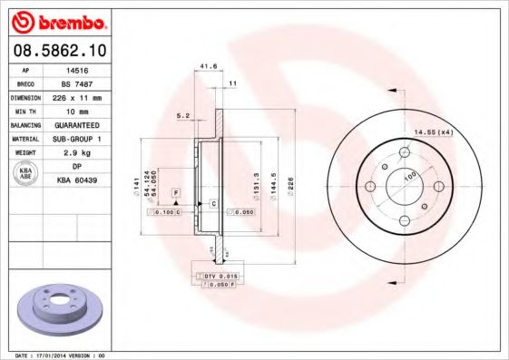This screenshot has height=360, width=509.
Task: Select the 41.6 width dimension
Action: coord(208,66)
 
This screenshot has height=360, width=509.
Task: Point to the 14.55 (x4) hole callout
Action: coord(433,132)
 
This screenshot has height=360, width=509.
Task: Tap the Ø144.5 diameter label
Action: coord(273,185)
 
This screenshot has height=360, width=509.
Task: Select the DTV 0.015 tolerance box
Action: coord(219,276)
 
